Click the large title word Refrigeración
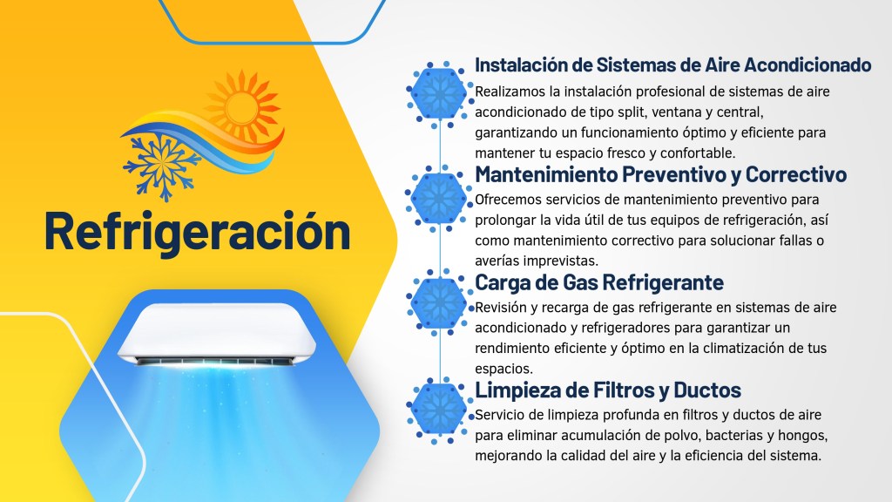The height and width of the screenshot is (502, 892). click(x=197, y=231)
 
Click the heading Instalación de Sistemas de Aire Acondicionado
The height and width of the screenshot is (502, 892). click(x=672, y=65)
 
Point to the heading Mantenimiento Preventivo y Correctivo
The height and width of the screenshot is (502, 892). click(x=660, y=174)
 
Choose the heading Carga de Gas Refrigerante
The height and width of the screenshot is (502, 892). click(x=599, y=282)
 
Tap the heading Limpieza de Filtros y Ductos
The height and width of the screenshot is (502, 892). click(x=608, y=390)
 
